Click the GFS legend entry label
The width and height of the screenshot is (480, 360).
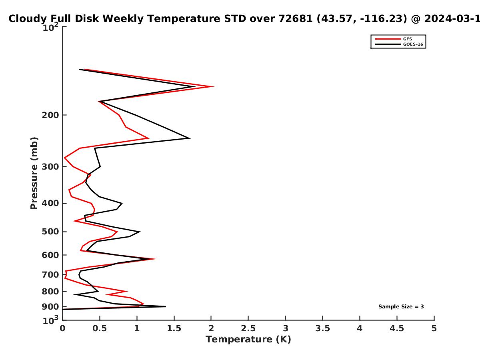407,39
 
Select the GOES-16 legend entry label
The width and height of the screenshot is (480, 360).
413,44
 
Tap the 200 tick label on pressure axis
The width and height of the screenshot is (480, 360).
50,115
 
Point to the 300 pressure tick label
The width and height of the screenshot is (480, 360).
50,166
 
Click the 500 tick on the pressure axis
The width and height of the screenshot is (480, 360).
50,232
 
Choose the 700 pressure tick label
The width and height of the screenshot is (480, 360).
50,274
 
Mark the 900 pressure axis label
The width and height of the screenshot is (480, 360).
50,307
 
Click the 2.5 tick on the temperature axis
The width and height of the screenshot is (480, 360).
248,328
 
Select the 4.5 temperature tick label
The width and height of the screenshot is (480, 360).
397,328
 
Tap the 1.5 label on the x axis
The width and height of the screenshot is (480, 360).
174,328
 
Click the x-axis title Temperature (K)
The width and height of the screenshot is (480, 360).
248,340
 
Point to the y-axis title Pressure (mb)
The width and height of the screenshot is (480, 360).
34,173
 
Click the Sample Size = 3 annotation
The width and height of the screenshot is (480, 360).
401,307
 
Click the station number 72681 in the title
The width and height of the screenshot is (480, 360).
296,18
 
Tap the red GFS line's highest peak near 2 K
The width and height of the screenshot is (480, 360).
214,86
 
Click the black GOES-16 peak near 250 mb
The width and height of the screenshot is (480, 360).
189,138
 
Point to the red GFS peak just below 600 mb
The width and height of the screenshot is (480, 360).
156,259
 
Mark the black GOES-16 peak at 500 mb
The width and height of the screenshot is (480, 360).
139,232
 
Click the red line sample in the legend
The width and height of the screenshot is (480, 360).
388,39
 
